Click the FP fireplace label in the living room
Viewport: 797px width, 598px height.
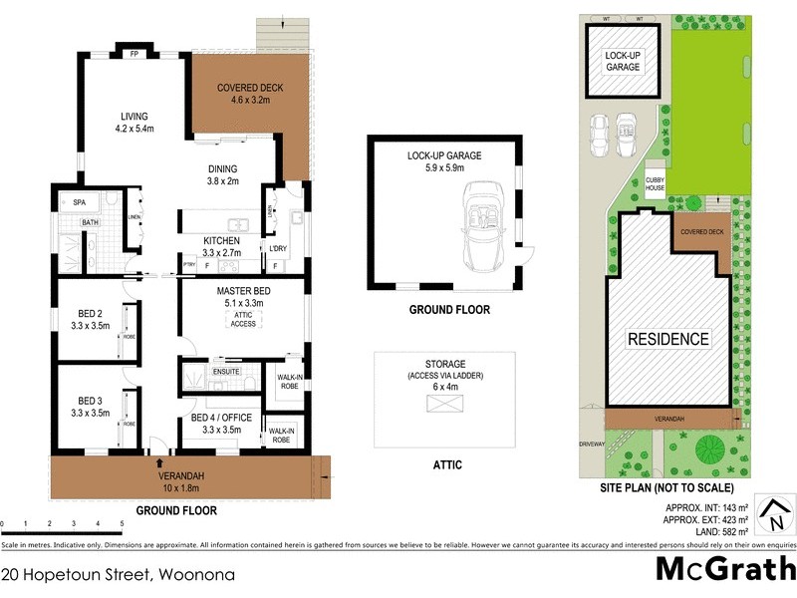[x=133, y=54]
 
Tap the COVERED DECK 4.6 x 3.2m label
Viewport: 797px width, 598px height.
[x=244, y=94]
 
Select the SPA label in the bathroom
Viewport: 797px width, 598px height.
[x=80, y=202]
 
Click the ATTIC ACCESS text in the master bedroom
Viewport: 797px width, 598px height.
[x=243, y=318]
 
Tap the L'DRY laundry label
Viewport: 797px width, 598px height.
[x=278, y=247]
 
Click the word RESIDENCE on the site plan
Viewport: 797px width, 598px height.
[x=667, y=339]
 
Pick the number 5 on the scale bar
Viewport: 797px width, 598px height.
[x=122, y=523]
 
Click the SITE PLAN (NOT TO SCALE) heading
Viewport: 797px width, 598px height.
[x=666, y=488]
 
